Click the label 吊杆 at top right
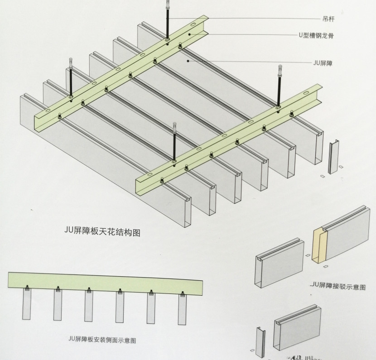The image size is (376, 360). pos(328,19)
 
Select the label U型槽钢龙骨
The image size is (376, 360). pos(316,36)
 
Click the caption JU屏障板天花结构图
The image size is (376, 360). pos(102,233)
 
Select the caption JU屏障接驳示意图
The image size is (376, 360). pos(337,286)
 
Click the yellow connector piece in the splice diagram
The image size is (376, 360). pos(319,245)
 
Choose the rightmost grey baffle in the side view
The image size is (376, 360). pos(182,309)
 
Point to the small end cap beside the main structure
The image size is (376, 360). pos(333,157)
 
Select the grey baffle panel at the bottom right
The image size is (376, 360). pos(297,328)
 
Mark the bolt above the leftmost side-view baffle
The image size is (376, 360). pos(27,287)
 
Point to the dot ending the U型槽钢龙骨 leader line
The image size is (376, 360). pos(190,34)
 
